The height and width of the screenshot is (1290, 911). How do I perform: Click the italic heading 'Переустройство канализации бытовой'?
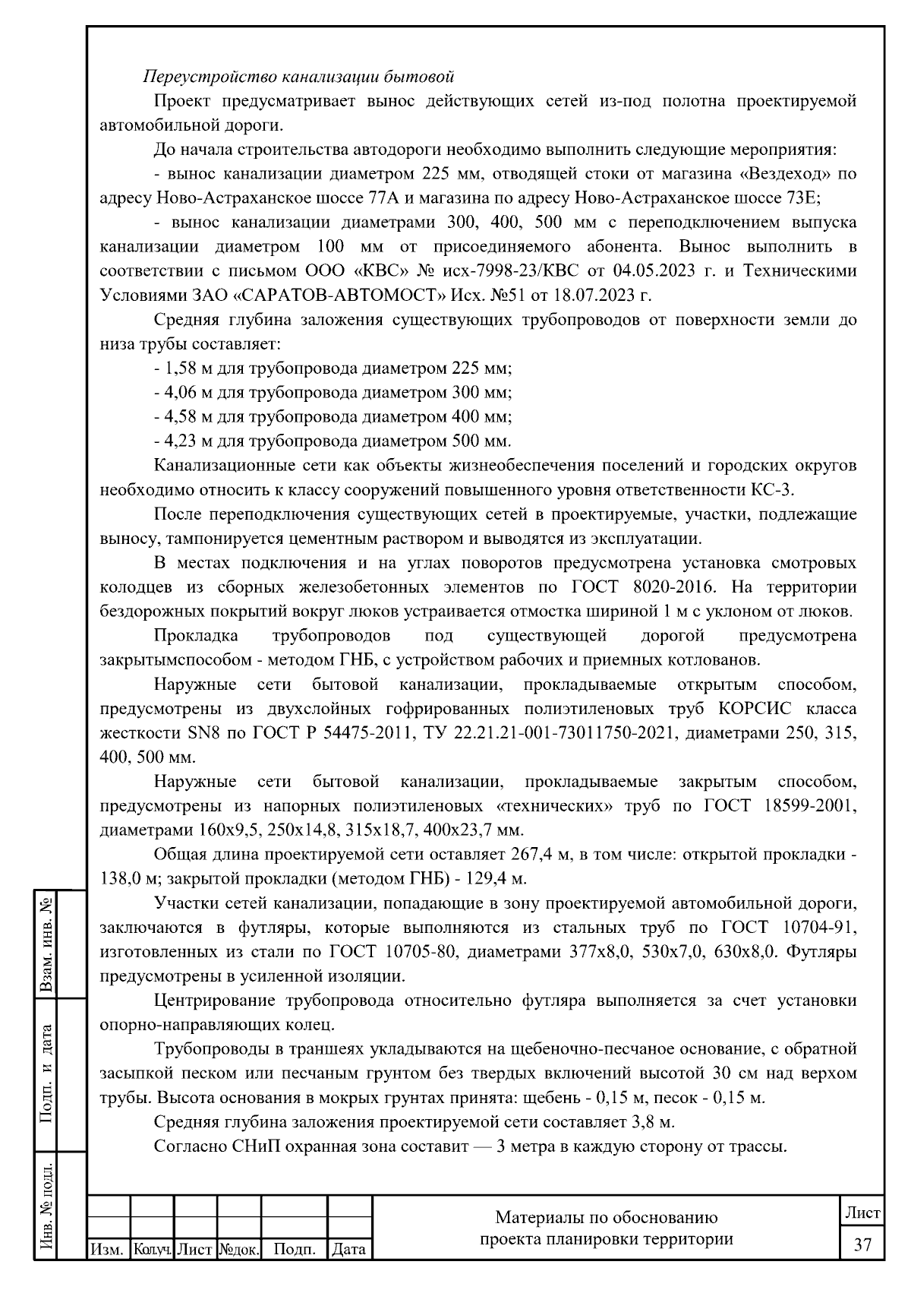coord(299,77)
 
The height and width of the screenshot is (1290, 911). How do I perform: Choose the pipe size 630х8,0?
coord(747,952)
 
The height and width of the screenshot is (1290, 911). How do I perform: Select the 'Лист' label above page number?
coord(862,1213)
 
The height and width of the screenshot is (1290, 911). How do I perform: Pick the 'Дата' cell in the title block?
coord(349,1249)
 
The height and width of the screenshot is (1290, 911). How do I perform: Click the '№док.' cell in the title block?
coord(239,1249)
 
